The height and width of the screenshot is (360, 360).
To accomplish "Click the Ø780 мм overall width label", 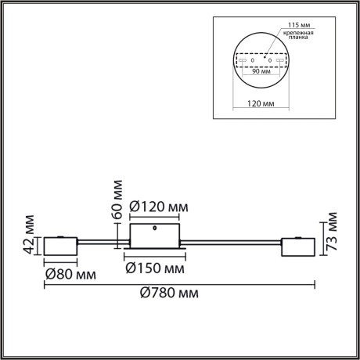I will [x=167, y=293].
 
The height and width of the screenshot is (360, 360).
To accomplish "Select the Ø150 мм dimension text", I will [x=157, y=268].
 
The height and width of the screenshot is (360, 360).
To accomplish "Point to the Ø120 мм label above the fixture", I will [x=158, y=206].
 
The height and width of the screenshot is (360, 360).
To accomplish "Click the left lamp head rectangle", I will [x=59, y=247].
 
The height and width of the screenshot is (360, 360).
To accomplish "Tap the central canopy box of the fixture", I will [x=157, y=234].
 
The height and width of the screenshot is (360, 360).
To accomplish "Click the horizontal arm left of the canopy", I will [x=102, y=241].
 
